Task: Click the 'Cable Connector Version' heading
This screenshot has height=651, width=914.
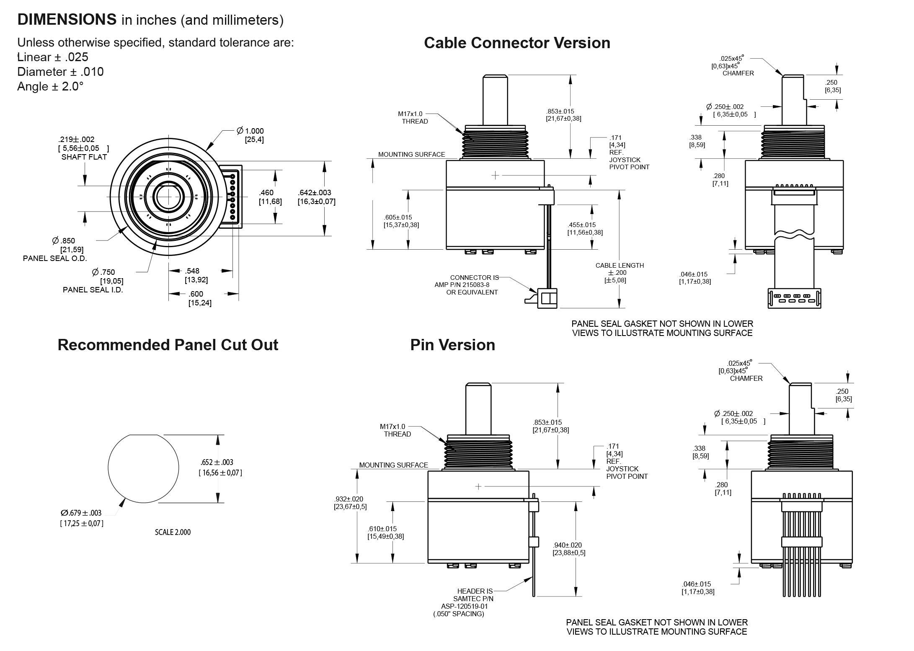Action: tap(517, 43)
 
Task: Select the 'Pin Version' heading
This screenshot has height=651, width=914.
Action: tap(452, 345)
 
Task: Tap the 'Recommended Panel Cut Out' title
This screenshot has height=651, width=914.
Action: tap(168, 345)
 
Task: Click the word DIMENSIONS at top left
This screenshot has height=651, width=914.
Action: tap(67, 19)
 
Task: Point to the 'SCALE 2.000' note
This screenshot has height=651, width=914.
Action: tap(173, 532)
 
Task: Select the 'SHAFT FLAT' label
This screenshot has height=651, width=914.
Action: tap(84, 157)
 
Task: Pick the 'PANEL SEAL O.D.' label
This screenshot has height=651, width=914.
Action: tap(55, 258)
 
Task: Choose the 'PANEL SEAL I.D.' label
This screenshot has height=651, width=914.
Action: tap(93, 290)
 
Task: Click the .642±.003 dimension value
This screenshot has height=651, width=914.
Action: tap(315, 193)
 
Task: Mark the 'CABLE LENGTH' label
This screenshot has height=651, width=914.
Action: tap(620, 265)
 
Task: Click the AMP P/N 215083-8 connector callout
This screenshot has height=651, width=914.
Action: tap(462, 285)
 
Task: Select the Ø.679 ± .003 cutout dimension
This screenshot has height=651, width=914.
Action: tap(81, 513)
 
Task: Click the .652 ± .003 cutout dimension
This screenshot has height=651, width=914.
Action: tap(217, 462)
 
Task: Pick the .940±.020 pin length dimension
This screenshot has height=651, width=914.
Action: tap(567, 545)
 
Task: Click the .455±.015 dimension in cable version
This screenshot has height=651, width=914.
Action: tap(582, 225)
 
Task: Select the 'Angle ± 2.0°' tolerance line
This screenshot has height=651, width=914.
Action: tap(50, 86)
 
